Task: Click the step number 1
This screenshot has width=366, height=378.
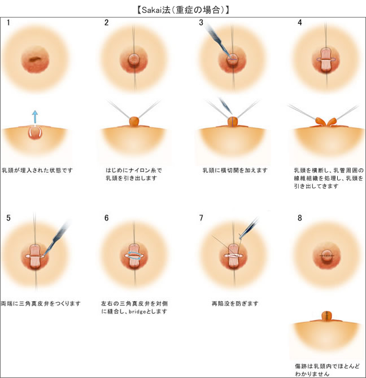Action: click(x=8, y=23)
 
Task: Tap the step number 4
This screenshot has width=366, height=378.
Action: click(x=299, y=23)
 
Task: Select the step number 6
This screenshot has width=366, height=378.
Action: click(x=107, y=218)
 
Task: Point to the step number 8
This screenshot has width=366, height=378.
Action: click(x=299, y=218)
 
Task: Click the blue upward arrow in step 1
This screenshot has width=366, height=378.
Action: click(x=35, y=117)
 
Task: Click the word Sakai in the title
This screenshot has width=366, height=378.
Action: click(x=152, y=10)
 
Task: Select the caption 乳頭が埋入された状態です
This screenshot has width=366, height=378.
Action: click(x=37, y=170)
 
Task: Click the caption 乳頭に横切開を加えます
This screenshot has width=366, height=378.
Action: click(x=235, y=170)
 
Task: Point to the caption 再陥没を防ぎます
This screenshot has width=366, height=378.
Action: click(x=235, y=303)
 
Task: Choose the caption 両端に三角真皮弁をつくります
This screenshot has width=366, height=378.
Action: click(x=41, y=303)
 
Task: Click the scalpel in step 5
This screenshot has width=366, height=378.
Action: click(x=56, y=238)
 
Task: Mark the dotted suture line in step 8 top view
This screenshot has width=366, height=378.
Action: click(x=326, y=255)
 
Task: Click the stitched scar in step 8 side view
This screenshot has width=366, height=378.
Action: click(x=326, y=316)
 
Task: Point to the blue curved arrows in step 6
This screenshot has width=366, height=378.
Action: click(x=134, y=255)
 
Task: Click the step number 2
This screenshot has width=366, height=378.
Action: click(x=107, y=23)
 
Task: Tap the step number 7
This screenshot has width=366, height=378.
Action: click(x=201, y=218)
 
